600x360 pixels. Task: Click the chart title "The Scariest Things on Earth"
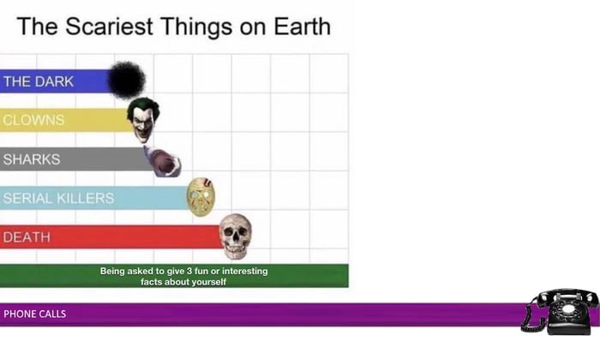[173, 26]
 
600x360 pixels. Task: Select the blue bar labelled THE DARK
[56, 81]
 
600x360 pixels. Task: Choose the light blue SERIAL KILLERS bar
[94, 198]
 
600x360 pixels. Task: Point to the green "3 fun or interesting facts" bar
[174, 275]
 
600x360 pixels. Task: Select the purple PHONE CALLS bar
[257, 314]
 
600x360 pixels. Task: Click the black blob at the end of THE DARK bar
[127, 80]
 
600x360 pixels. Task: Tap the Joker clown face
[143, 119]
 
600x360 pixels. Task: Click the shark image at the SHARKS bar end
[162, 160]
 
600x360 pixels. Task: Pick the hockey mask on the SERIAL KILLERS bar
[201, 196]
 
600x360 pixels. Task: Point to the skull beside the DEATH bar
[236, 236]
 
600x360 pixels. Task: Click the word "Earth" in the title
[297, 26]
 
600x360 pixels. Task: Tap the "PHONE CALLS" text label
[34, 314]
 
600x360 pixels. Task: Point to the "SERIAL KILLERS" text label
[58, 198]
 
